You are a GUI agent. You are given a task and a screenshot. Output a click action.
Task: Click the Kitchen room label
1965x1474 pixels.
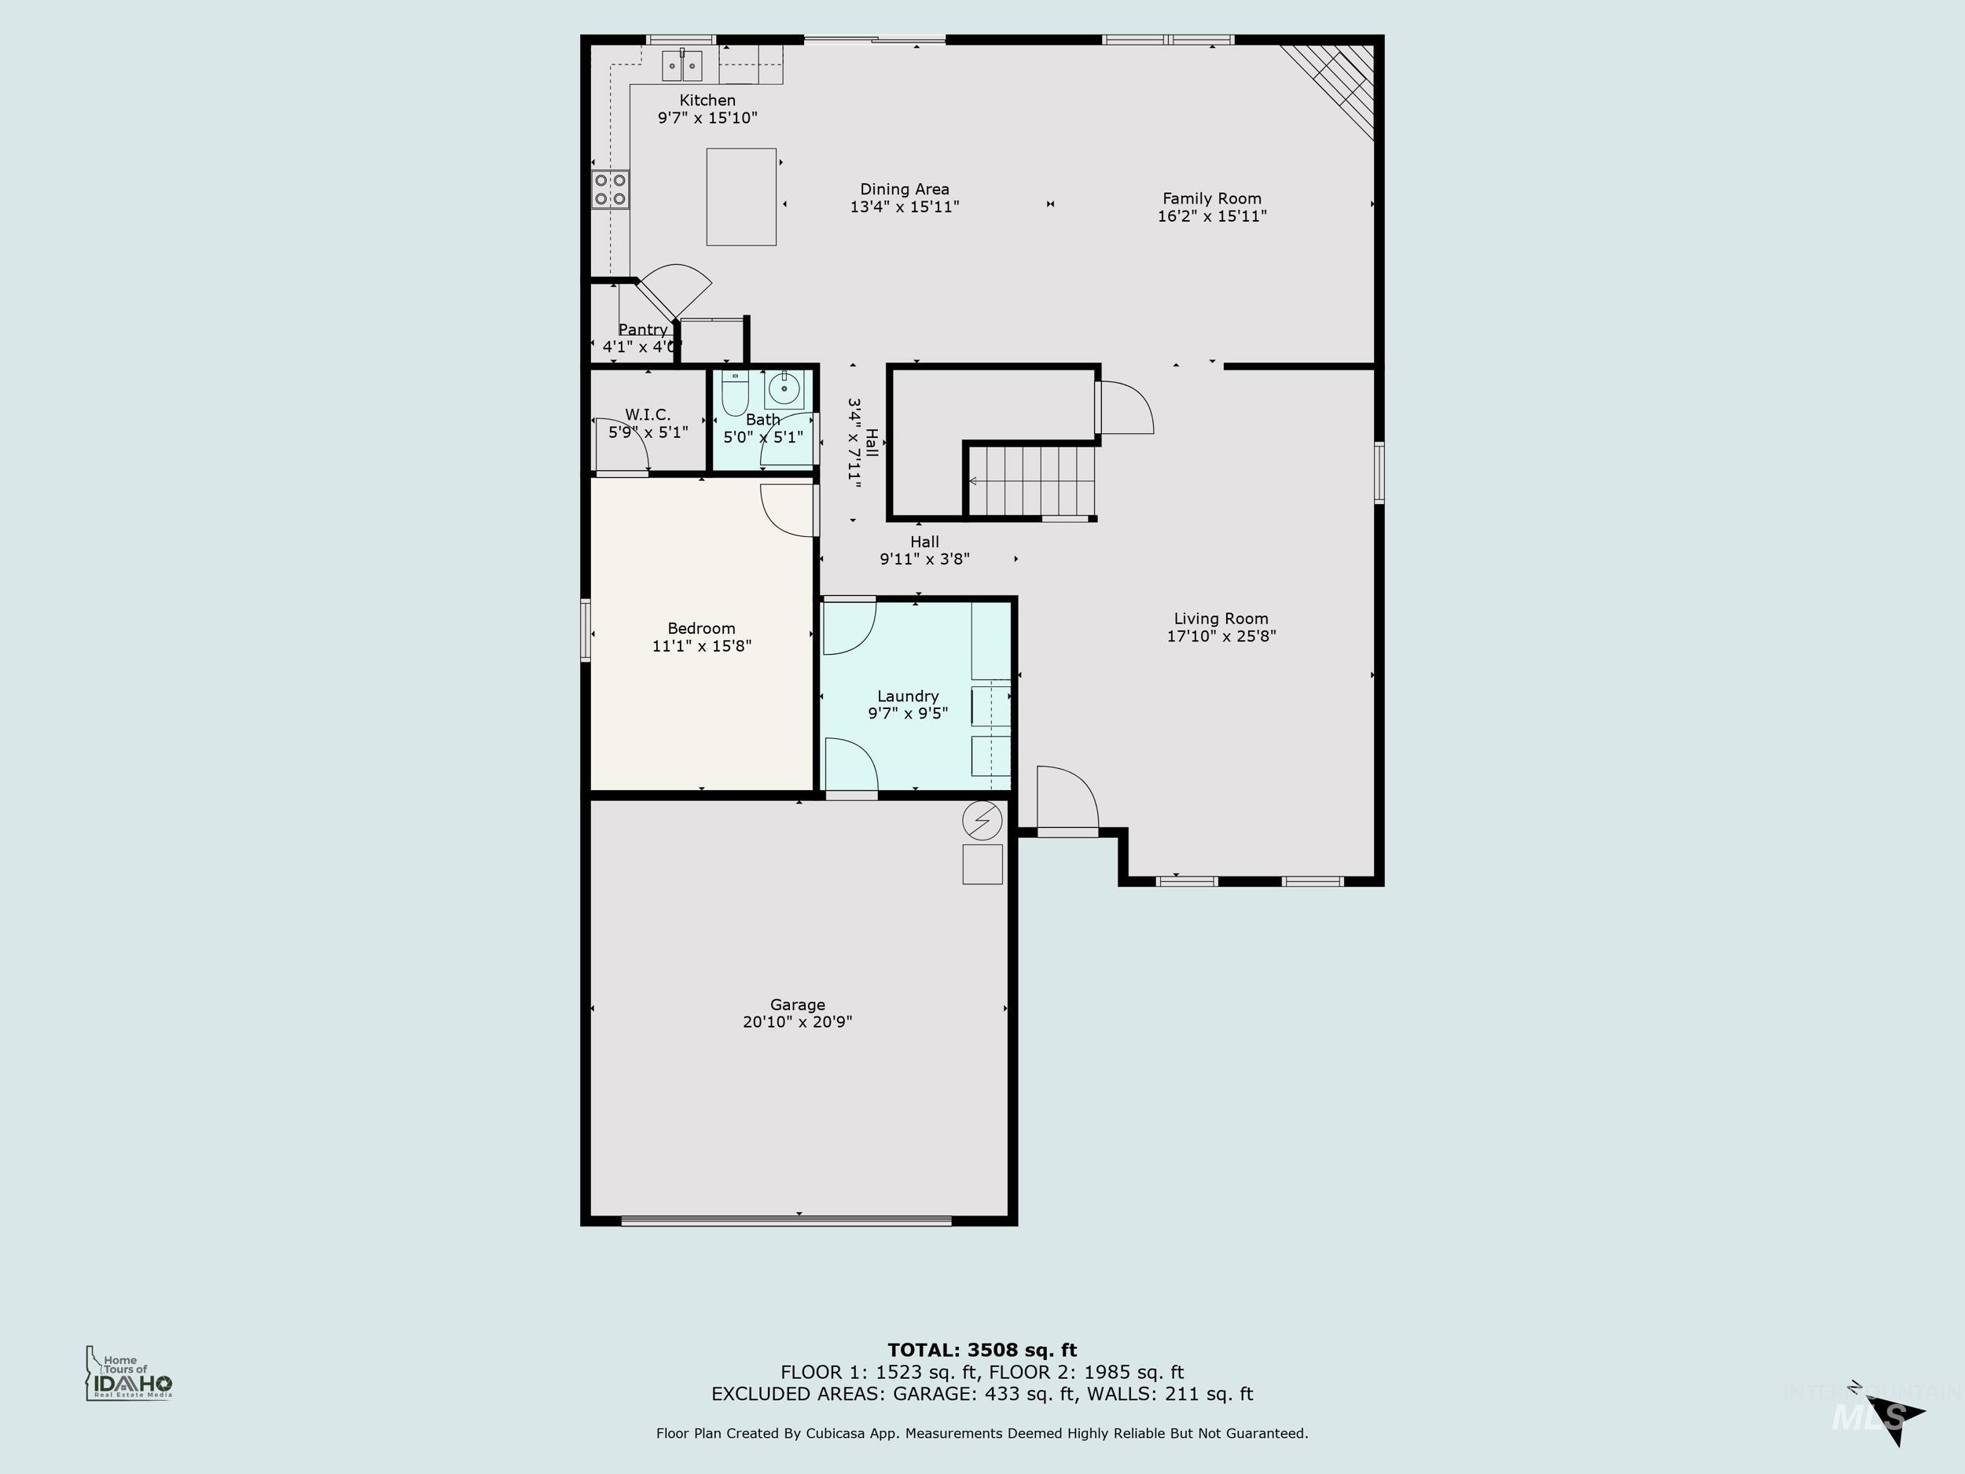click(707, 101)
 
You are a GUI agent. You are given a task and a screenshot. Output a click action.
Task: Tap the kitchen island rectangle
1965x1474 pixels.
click(741, 197)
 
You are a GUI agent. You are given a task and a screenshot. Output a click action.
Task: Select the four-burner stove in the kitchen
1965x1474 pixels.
click(610, 189)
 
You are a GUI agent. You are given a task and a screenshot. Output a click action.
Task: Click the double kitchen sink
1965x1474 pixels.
click(681, 66)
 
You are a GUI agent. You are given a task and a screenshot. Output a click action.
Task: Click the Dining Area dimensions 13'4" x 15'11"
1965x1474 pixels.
click(905, 207)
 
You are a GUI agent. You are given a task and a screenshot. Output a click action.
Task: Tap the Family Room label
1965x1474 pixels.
click(1212, 199)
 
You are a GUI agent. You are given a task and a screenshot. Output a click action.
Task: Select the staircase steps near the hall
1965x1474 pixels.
click(1030, 480)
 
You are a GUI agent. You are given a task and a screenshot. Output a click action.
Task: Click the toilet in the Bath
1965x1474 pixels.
click(735, 394)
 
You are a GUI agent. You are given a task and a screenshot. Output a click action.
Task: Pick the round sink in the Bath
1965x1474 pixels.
click(784, 389)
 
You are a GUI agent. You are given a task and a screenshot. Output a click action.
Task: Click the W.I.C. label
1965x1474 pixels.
click(648, 415)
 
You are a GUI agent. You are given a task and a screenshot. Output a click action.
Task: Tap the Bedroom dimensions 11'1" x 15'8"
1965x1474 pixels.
click(702, 646)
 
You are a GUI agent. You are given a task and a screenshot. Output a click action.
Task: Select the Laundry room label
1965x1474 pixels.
click(908, 697)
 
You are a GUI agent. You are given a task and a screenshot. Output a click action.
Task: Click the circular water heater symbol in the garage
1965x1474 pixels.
click(982, 821)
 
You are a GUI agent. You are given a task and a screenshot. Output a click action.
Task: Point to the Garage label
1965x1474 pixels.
click(797, 1005)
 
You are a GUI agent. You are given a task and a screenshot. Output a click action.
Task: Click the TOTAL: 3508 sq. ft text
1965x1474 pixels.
click(982, 1351)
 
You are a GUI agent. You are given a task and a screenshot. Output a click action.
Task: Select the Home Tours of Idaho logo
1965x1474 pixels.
click(130, 1374)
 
